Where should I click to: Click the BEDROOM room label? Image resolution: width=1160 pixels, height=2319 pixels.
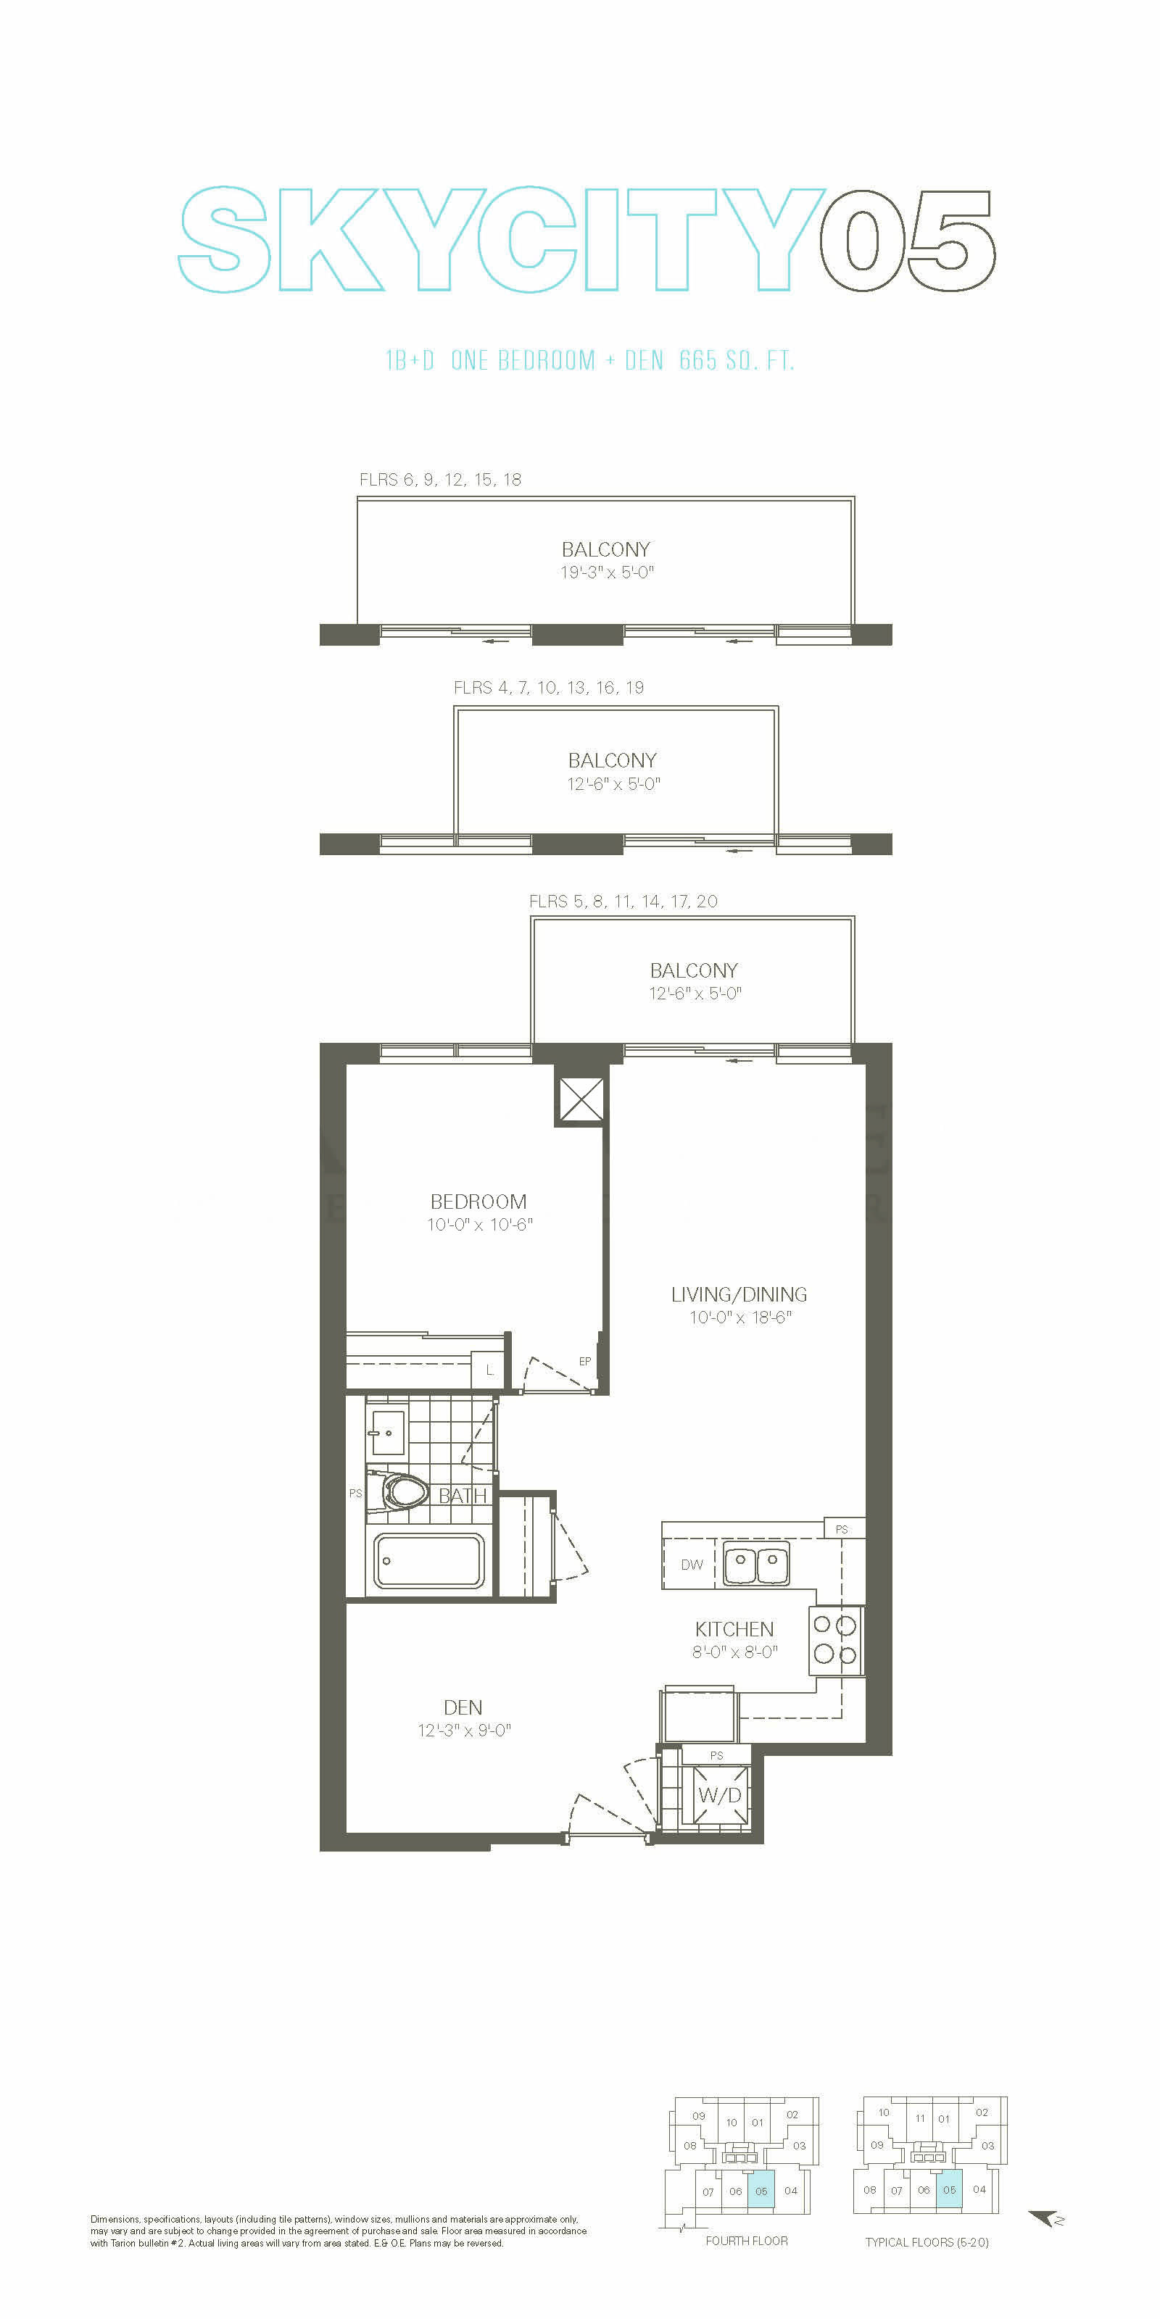[478, 1202]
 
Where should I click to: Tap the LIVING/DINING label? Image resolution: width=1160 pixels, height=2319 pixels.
[739, 1294]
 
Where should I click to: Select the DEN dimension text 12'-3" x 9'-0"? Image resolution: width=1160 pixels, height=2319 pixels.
[465, 1731]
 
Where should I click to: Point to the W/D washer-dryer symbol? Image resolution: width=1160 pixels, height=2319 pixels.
[720, 1795]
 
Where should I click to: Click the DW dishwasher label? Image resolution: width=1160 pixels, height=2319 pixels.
[692, 1565]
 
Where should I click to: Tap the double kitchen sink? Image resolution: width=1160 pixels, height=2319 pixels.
[756, 1564]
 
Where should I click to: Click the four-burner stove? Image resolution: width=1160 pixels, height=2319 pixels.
[836, 1639]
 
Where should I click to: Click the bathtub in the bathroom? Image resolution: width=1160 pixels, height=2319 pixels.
[430, 1560]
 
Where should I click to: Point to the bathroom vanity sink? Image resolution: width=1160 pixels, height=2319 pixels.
[386, 1431]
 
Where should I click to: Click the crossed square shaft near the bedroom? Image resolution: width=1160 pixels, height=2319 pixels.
[581, 1099]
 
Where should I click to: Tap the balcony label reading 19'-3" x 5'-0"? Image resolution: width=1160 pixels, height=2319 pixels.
[607, 572]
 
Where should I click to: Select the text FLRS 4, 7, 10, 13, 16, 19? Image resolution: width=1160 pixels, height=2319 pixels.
[549, 688]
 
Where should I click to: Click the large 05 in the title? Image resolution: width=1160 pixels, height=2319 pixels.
[907, 241]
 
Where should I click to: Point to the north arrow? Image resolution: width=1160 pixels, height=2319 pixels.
[1045, 2219]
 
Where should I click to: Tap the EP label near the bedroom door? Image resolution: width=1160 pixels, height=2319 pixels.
[584, 1361]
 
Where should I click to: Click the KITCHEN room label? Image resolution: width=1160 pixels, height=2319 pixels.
[734, 1628]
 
